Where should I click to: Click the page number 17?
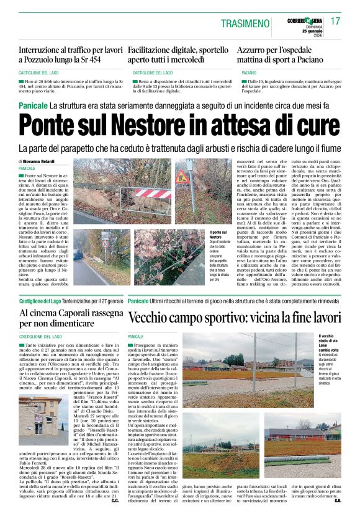tap(335, 21)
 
